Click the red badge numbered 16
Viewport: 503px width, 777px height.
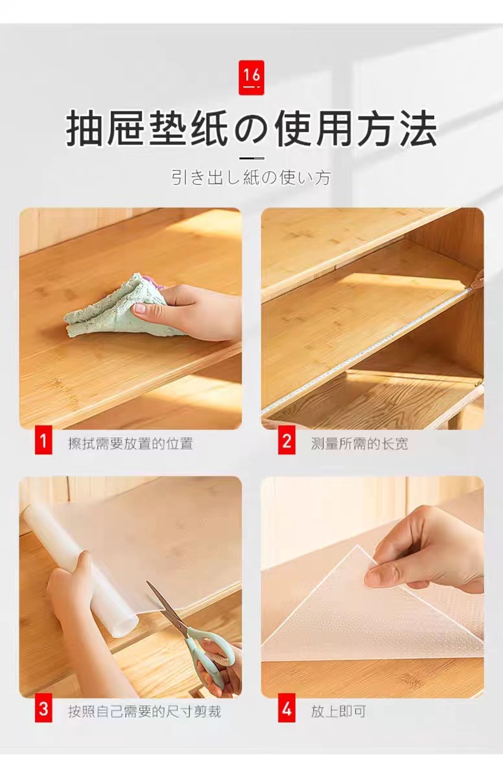[x=251, y=77]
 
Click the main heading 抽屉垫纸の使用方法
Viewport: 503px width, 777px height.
[x=251, y=129]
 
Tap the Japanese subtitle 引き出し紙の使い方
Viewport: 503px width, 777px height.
[x=251, y=177]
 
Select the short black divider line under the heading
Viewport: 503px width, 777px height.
[x=251, y=158]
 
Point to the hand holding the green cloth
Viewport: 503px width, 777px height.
[x=194, y=312]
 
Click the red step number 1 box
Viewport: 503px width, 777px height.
[x=43, y=443]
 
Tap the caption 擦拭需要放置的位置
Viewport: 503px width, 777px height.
[x=130, y=444]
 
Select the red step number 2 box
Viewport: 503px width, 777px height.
[x=287, y=443]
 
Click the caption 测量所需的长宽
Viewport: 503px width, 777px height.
[x=359, y=444]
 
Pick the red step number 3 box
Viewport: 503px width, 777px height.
[x=43, y=710]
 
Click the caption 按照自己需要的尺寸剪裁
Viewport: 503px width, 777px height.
[x=144, y=712]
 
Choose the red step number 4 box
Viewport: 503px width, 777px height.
[x=287, y=710]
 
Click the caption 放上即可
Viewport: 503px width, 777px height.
[x=338, y=712]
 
